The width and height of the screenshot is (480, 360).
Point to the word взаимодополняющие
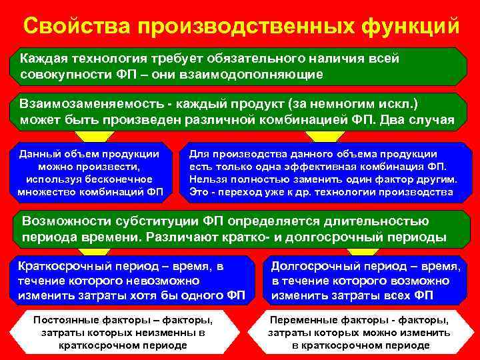[x=256, y=73]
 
